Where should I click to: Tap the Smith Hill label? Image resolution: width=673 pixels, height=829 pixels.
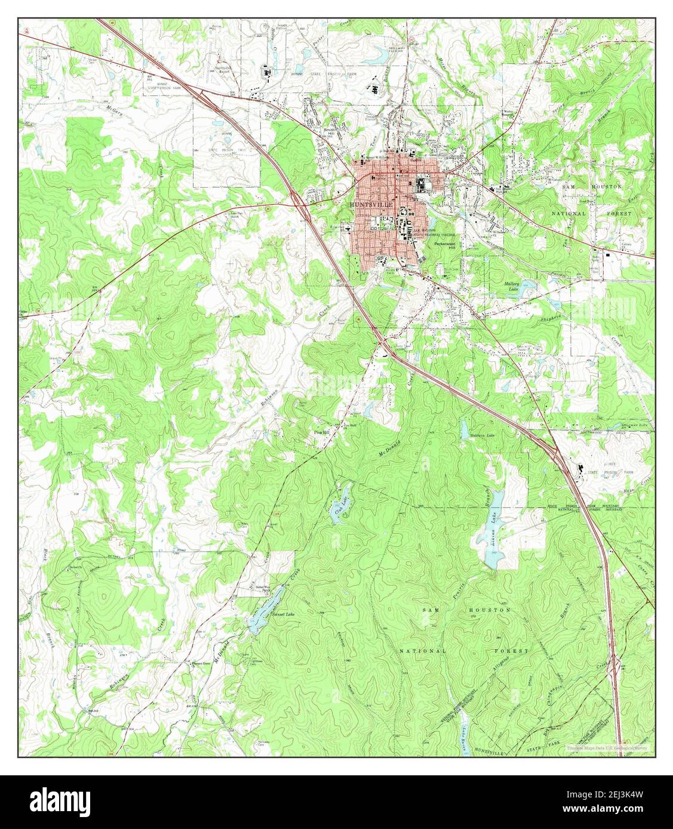[329, 132]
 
